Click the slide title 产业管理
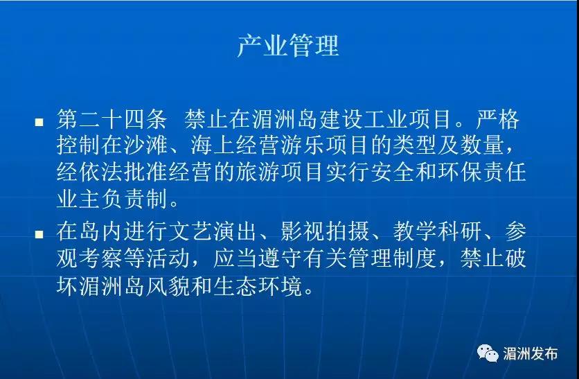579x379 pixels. (288, 46)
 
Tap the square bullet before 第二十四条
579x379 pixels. (39, 122)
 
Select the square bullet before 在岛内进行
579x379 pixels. (39, 233)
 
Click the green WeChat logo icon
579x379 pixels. (488, 353)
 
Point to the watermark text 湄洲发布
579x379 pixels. (531, 353)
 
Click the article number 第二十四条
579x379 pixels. (112, 119)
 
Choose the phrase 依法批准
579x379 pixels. (124, 172)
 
